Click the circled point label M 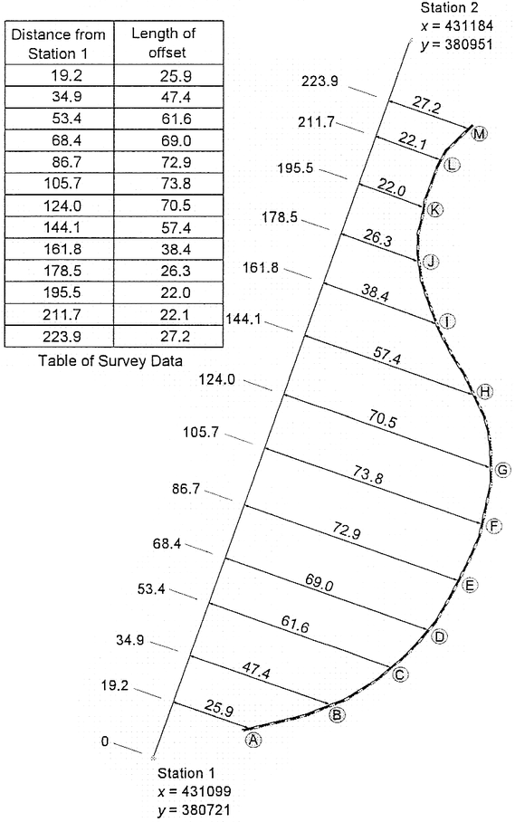pyautogui.click(x=478, y=134)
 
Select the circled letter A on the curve pyautogui.click(x=253, y=740)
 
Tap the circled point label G pyautogui.click(x=502, y=470)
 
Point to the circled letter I pyautogui.click(x=447, y=321)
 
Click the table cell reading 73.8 pyautogui.click(x=176, y=184)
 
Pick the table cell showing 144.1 pyautogui.click(x=62, y=227)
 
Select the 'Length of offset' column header pyautogui.click(x=164, y=43)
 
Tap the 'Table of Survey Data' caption pyautogui.click(x=110, y=360)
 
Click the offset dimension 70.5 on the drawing pyautogui.click(x=382, y=419)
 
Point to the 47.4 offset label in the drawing pyautogui.click(x=256, y=671)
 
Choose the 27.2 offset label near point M pyautogui.click(x=426, y=105)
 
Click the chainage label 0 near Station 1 pyautogui.click(x=105, y=741)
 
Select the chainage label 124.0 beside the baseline pyautogui.click(x=217, y=379)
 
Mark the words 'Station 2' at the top pyautogui.click(x=450, y=8)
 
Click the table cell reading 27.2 pyautogui.click(x=175, y=336)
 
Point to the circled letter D pyautogui.click(x=440, y=637)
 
